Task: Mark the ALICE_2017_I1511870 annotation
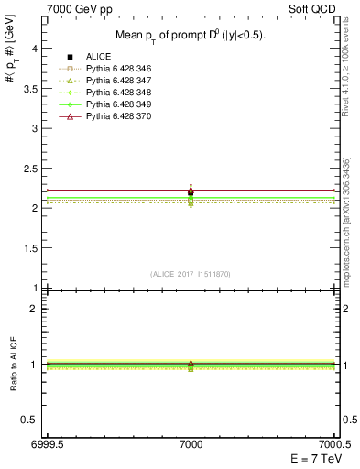(191, 274)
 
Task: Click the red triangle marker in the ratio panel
(191, 363)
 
